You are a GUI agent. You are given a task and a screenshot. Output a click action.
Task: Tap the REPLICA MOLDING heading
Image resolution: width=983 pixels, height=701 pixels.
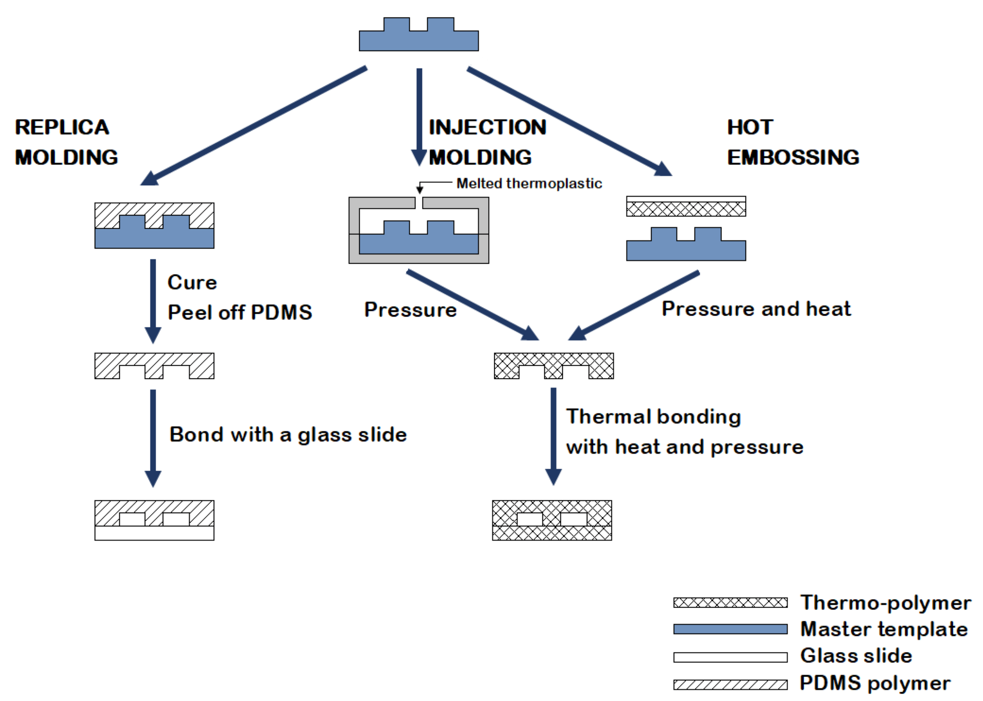tap(66, 142)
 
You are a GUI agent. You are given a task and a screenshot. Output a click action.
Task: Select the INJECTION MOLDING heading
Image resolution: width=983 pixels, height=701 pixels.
tap(487, 142)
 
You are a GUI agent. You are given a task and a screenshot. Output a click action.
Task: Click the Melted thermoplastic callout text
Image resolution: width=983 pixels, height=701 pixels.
tap(529, 183)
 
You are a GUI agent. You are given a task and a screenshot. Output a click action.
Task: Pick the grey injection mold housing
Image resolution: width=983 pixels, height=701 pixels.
tap(354, 230)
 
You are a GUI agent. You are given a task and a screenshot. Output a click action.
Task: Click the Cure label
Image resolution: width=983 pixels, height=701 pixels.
tap(192, 282)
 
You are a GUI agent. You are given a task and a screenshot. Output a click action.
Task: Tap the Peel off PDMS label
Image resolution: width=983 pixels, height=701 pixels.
tap(240, 313)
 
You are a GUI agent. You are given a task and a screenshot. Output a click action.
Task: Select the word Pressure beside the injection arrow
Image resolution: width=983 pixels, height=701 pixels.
tap(410, 310)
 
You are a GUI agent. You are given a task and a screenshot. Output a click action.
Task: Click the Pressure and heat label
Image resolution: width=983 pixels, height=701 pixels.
tap(756, 309)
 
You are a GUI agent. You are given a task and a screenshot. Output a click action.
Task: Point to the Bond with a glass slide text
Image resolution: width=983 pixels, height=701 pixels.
tap(288, 435)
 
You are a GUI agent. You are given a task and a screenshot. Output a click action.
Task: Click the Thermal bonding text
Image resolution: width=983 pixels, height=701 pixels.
tap(653, 417)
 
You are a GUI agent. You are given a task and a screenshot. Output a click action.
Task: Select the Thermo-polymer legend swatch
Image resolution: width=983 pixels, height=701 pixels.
tap(730, 603)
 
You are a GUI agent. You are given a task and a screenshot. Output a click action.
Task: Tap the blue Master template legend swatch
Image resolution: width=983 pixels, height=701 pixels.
tap(730, 629)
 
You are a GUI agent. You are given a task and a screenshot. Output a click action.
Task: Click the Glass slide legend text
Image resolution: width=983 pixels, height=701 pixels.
tap(856, 656)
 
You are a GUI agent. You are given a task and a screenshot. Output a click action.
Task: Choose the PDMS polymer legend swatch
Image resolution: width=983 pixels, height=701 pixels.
tap(730, 685)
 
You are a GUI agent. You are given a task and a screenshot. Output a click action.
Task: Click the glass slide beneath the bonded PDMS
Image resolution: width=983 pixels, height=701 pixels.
tap(154, 533)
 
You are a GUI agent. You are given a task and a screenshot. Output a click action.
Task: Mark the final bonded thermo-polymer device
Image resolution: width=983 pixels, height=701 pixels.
tap(552, 520)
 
